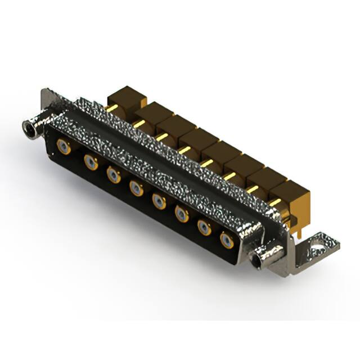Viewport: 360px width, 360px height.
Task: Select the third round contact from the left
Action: coord(114,174)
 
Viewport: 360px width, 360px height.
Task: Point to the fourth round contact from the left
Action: coord(136,187)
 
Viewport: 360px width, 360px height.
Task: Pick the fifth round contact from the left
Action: coord(159,200)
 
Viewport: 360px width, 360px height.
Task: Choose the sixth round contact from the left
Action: coord(182,213)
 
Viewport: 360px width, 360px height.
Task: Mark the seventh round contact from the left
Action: coord(204,226)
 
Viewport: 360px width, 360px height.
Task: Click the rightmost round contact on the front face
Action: coord(227,240)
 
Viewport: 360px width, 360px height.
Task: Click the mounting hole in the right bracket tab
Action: coord(318,246)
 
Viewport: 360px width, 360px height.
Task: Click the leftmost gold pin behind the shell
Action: coord(111,108)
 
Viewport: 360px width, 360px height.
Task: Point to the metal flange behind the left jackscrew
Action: coord(48,104)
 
